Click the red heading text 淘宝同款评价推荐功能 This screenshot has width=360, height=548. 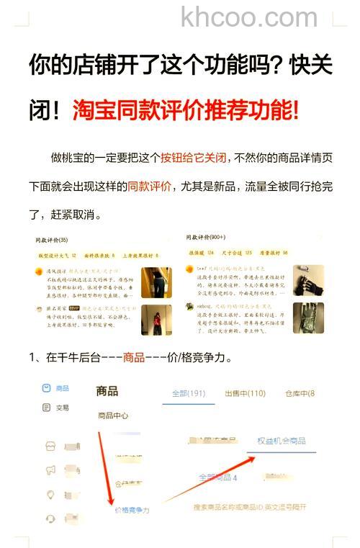[186, 111]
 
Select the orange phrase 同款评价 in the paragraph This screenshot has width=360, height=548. [150, 186]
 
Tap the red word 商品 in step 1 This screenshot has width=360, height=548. [134, 357]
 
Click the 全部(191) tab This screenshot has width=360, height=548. [188, 393]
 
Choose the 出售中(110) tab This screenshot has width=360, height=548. [245, 393]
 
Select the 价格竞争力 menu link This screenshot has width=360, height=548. [132, 510]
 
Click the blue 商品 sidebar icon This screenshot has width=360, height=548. [47, 388]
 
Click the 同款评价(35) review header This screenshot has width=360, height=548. [51, 239]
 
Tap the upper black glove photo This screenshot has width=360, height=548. [308, 279]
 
